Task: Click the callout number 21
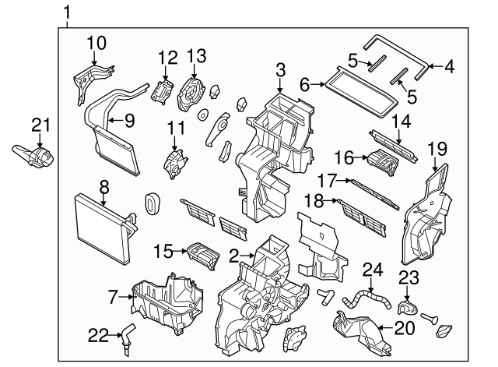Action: coord(40,124)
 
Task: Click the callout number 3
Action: coord(279,73)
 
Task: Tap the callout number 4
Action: coord(448,66)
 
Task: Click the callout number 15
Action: coord(162,252)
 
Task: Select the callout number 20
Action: coord(405,328)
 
